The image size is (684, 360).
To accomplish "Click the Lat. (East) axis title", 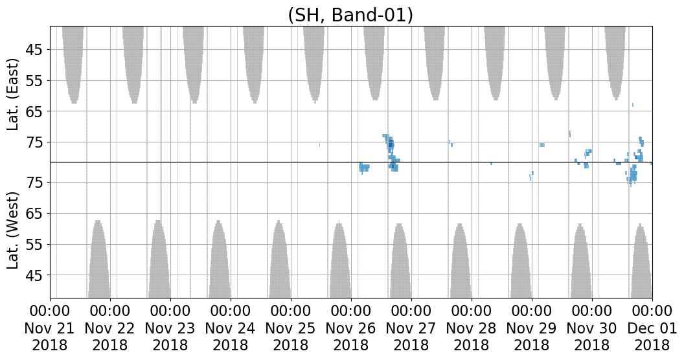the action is click(14, 94).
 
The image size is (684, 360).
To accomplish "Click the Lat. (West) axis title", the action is click(14, 231).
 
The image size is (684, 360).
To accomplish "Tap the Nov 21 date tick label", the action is click(50, 328).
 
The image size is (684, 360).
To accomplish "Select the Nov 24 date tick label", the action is click(231, 328).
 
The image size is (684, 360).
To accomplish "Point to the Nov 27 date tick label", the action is click(411, 328).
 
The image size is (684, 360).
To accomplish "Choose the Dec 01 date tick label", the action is click(652, 328).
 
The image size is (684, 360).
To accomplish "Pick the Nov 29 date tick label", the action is click(532, 328).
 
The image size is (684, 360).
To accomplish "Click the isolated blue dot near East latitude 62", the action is click(633, 105).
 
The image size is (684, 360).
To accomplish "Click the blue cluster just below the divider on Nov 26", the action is click(364, 167).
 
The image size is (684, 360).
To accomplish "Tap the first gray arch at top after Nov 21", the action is click(73, 65).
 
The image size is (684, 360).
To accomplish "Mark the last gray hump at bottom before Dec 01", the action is click(641, 261).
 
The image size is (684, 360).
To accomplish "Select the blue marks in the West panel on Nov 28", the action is click(531, 175).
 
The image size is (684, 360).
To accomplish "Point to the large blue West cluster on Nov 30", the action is click(632, 174).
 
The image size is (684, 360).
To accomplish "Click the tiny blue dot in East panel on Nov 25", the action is click(319, 145).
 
